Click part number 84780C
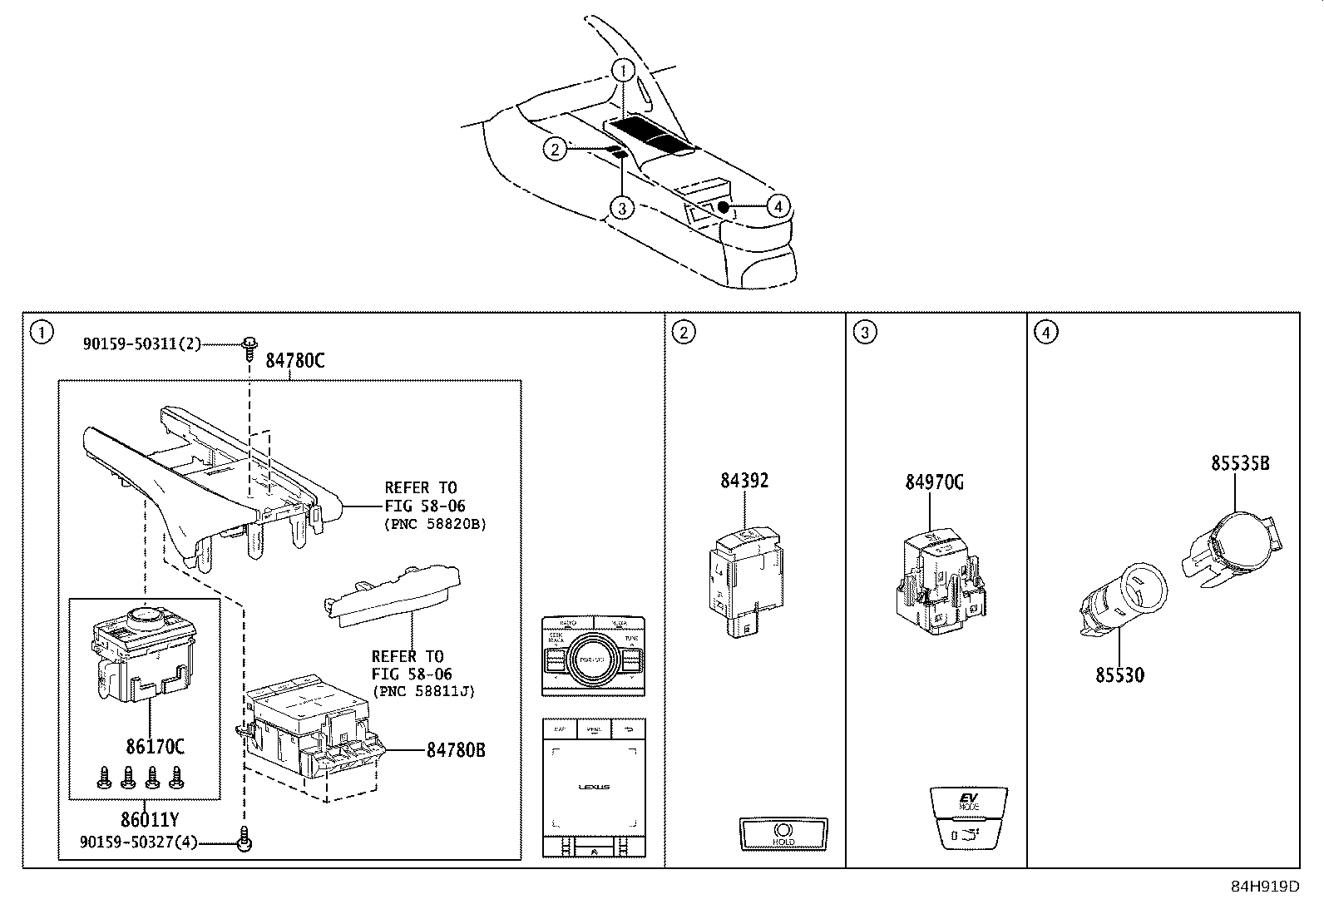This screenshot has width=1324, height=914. point(294,361)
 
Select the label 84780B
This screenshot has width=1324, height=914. point(456,750)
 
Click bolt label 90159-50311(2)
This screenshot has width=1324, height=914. point(141,343)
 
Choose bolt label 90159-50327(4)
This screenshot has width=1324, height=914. point(139,842)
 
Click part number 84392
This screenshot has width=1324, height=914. point(744,481)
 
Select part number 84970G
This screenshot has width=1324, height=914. point(935,482)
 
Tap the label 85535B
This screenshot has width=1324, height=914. point(1240,464)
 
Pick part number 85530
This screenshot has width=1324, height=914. point(1119,675)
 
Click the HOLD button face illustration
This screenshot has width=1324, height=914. point(783,833)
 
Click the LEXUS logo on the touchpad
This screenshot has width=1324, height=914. point(594,787)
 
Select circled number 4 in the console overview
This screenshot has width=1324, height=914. point(777,205)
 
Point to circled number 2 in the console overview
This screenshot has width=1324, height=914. point(556,149)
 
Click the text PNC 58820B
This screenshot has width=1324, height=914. point(435,525)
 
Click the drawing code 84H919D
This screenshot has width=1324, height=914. point(1264,887)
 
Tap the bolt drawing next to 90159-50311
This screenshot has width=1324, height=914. point(249,347)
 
